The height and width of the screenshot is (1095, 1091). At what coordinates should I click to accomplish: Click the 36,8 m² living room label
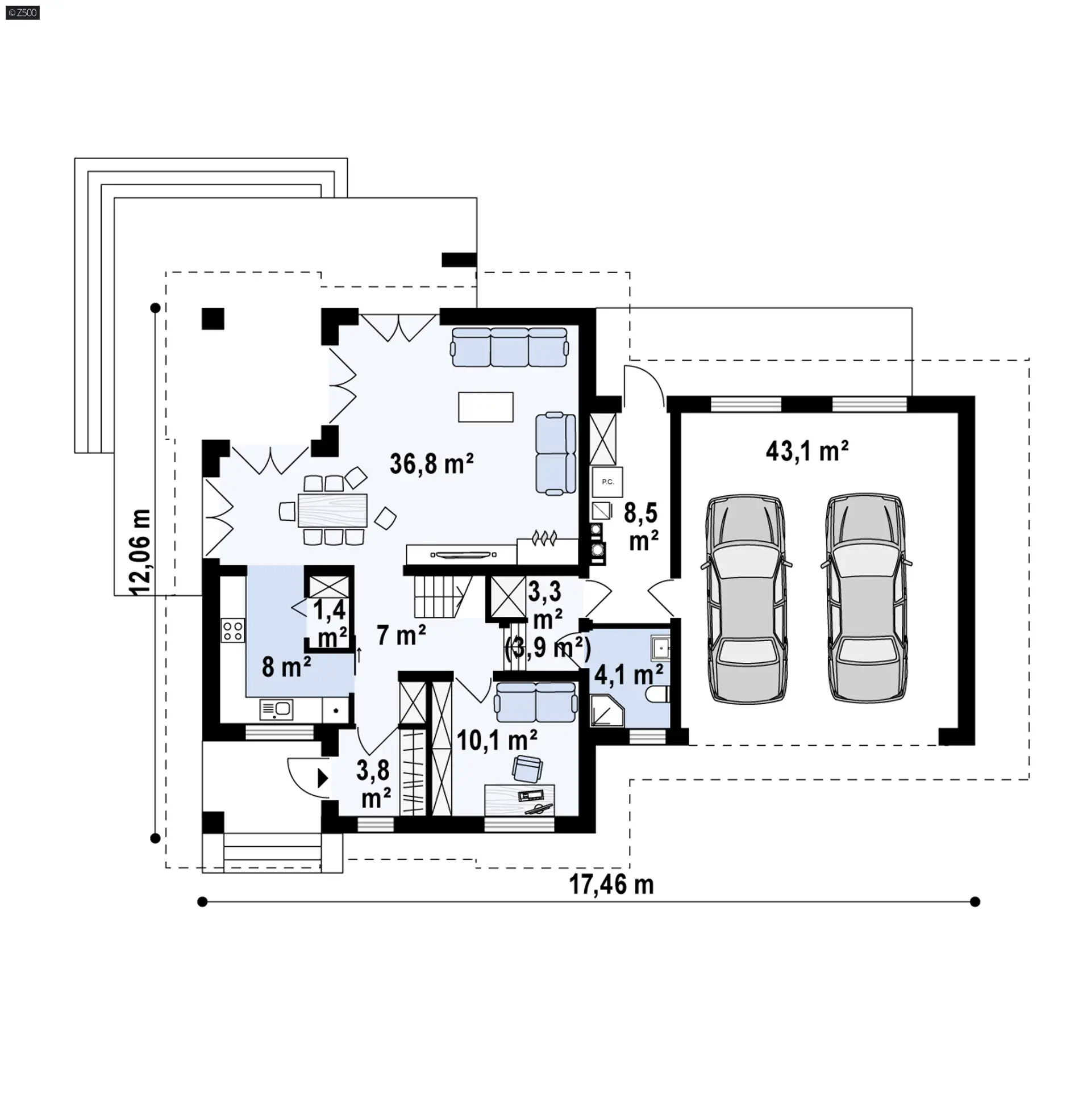[432, 463]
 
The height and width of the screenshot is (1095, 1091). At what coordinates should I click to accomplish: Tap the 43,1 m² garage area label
[807, 451]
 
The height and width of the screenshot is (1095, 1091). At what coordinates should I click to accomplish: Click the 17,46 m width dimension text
[611, 884]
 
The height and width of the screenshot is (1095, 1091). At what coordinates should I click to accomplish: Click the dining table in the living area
[332, 511]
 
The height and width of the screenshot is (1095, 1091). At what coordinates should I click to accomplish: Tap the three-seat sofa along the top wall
[510, 347]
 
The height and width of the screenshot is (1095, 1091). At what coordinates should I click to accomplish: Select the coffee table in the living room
[486, 407]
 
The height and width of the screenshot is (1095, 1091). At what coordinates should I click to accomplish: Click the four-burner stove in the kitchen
[233, 631]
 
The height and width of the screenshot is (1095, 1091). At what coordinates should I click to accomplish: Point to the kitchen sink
[276, 709]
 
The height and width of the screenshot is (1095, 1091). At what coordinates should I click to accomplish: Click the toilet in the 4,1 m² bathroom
[659, 694]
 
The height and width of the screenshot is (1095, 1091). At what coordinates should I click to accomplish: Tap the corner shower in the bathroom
[607, 709]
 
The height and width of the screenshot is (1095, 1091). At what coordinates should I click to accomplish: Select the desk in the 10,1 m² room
[519, 800]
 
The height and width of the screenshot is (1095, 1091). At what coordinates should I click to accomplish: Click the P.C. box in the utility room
[607, 482]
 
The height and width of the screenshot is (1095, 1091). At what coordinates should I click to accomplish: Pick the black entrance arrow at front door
[323, 778]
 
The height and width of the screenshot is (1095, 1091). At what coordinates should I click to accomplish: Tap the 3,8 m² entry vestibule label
[374, 784]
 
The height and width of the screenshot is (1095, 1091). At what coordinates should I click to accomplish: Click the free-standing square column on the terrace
[213, 319]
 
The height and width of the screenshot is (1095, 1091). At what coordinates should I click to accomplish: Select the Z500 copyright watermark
[22, 12]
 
